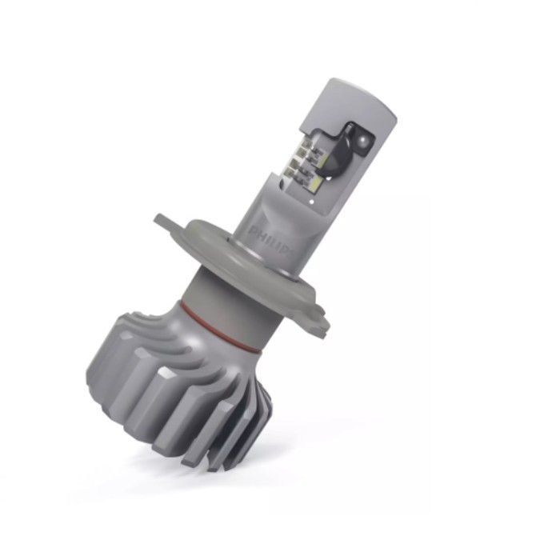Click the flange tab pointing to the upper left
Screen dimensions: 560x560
pyautogui.click(x=164, y=220)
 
